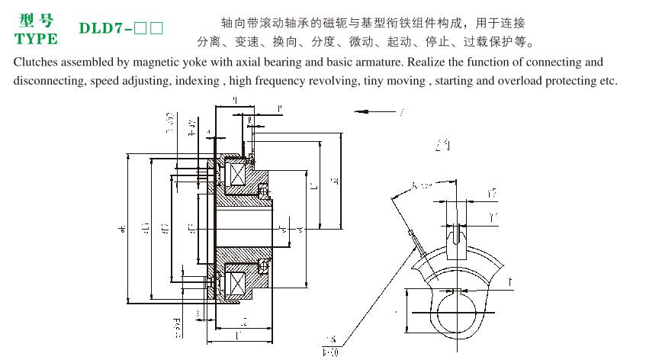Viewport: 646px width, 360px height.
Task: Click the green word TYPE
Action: click(36, 39)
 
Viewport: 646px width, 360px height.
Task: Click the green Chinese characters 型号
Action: click(35, 21)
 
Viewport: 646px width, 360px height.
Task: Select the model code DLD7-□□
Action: click(121, 29)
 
